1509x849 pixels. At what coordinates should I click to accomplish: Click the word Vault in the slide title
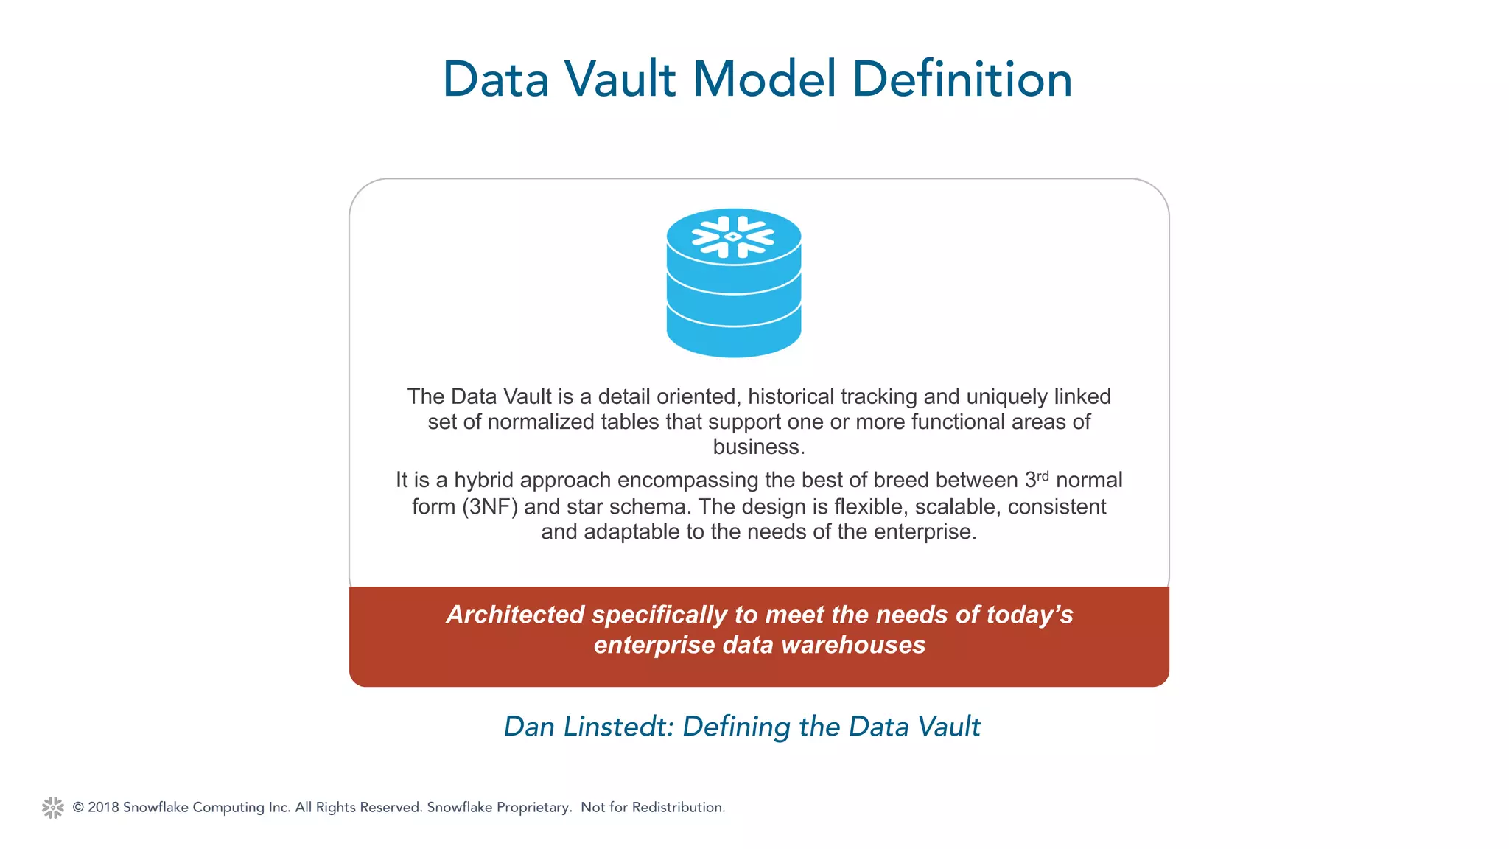click(620, 79)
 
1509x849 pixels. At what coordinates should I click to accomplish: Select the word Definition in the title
click(962, 79)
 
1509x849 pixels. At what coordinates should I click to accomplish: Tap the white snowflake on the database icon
click(733, 237)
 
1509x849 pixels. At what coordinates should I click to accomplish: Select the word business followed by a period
click(758, 447)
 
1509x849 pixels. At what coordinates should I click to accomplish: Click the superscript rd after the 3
click(1043, 475)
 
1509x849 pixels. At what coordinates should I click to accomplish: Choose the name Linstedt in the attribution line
click(618, 727)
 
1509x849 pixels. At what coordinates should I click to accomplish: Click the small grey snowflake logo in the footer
click(53, 807)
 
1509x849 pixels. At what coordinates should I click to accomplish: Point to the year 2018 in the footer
click(103, 807)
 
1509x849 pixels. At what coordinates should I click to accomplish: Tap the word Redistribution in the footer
click(678, 807)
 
